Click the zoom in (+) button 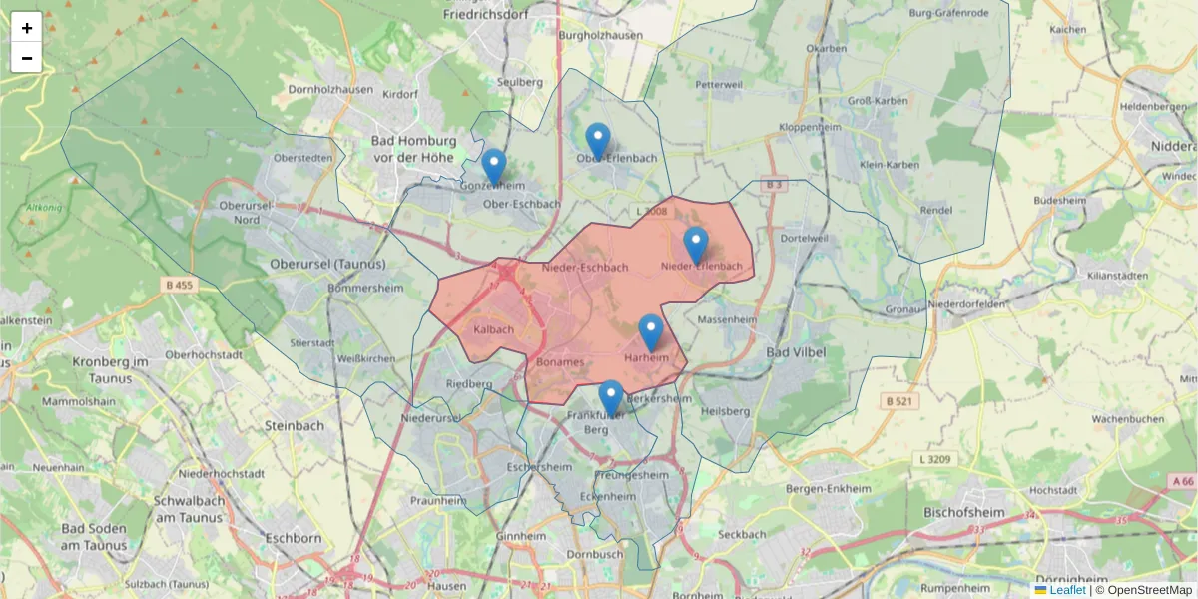(x=27, y=28)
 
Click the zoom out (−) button (x=27, y=58)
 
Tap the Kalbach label (x=494, y=329)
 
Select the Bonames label (x=559, y=361)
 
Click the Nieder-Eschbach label (x=585, y=268)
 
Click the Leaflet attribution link (x=1067, y=590)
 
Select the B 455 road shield (x=180, y=285)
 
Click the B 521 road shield (x=899, y=401)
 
